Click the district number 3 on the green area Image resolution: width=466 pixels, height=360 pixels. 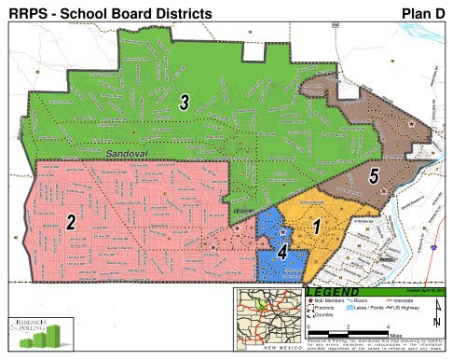pos(185,106)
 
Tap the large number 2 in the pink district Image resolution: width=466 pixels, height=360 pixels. pos(70,222)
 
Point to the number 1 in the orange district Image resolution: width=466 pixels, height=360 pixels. pos(317,226)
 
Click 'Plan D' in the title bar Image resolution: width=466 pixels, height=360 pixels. pos(428,11)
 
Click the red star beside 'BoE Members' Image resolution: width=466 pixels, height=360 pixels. pos(309,302)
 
